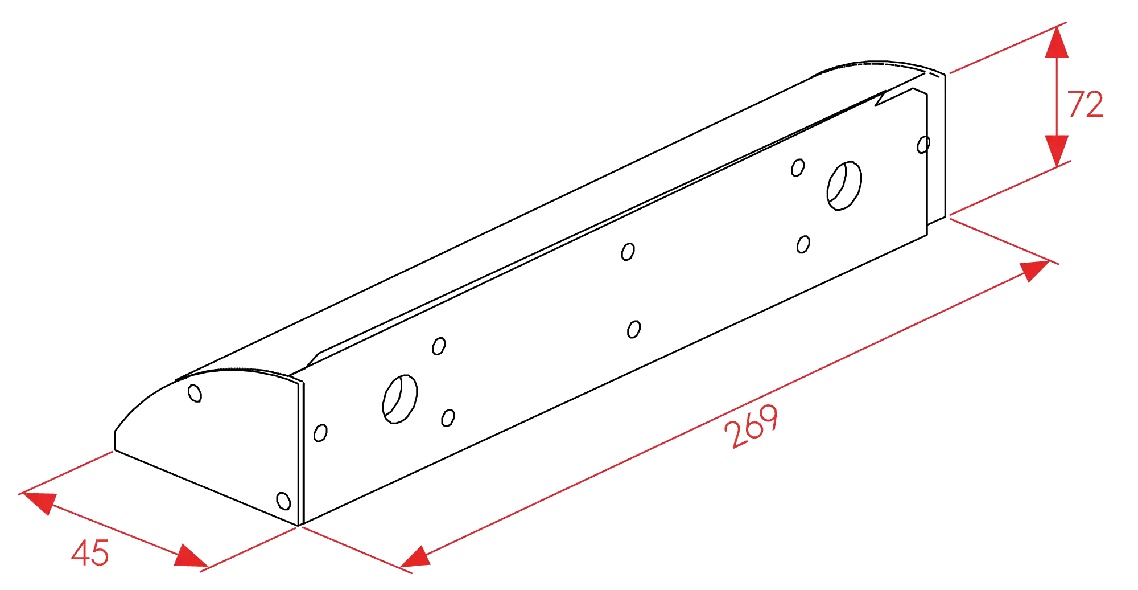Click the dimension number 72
pos(1086,104)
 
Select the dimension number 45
pos(90,552)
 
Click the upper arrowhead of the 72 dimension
pos(1057,42)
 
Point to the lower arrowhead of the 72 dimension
pos(1057,150)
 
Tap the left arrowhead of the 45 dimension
pos(39,502)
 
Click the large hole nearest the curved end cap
pos(400,399)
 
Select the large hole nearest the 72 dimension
pos(844,186)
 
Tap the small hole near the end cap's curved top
pos(195,393)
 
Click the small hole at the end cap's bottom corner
pos(283,501)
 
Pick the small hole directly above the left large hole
pos(439,346)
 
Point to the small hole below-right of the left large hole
pos(448,418)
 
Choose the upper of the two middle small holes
pos(628,252)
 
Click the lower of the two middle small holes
pos(634,329)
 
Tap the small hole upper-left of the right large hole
pos(798,168)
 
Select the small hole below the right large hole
pos(803,244)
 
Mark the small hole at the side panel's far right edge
pos(923,145)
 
